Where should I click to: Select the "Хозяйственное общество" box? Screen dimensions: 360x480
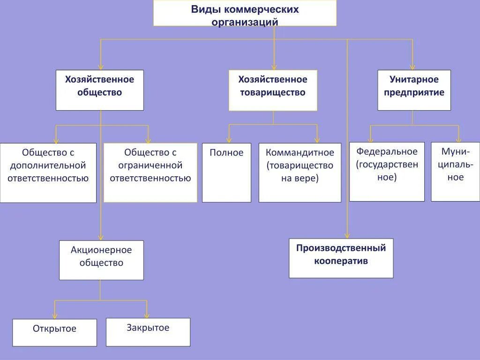point(99,90)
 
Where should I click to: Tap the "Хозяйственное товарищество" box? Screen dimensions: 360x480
point(273,90)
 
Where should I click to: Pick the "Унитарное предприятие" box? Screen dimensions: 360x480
point(414,90)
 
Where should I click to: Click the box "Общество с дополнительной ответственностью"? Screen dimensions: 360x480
point(48,172)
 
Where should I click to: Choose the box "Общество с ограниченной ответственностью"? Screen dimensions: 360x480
point(150,172)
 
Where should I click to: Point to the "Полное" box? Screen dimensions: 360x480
point(226,172)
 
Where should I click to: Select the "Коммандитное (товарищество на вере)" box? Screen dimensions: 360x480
point(300,172)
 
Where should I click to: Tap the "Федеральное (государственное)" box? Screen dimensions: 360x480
point(387,172)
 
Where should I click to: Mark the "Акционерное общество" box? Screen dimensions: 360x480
point(101,260)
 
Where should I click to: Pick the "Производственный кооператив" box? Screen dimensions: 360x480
point(341,258)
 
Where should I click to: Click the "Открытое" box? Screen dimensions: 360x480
point(54,332)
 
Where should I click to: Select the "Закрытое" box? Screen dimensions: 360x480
point(148,332)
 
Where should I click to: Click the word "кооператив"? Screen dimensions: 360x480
point(341,261)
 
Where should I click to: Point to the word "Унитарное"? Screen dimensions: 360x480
point(414,79)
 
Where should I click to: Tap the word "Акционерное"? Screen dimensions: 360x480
point(101,250)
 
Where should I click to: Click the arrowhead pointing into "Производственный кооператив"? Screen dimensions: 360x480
point(347,236)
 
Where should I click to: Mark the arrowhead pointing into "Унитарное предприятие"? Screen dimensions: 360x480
point(412,67)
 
